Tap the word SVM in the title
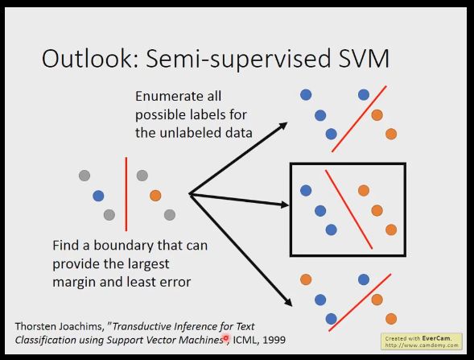click(364, 58)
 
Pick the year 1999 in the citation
click(274, 340)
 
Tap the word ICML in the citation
click(245, 340)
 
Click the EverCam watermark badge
click(422, 341)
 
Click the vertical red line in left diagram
click(126, 194)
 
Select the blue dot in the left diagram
click(98, 196)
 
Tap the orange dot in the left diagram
click(155, 196)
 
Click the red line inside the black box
click(348, 209)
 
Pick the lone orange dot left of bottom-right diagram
click(306, 279)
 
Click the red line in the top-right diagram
click(359, 119)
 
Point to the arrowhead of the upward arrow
click(283, 126)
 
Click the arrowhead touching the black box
click(284, 205)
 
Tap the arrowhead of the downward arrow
click(289, 302)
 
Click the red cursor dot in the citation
click(225, 337)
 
